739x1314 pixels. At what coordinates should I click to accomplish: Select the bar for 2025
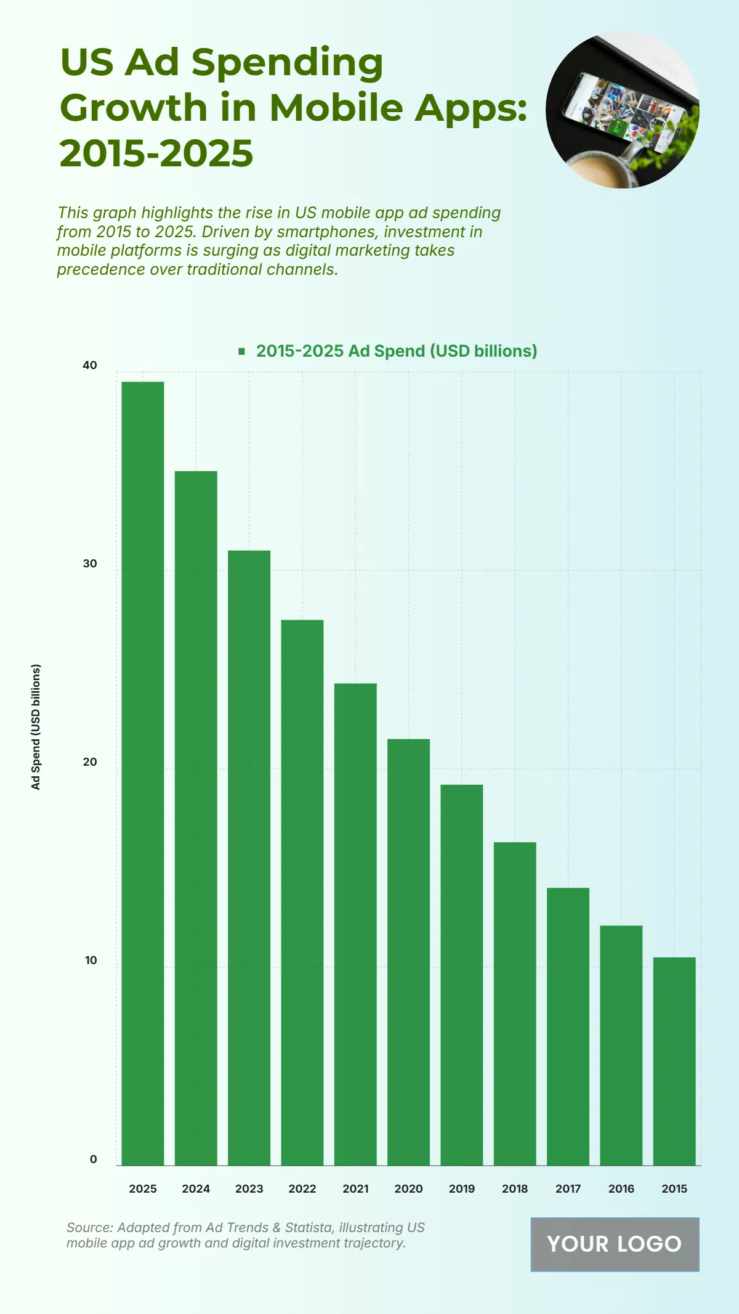click(x=143, y=773)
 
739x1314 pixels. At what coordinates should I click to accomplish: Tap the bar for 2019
click(x=462, y=975)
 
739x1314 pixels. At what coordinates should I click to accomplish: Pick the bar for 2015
click(x=674, y=1061)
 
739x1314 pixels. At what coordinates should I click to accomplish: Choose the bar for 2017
click(x=568, y=1026)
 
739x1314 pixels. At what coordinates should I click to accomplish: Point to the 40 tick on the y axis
click(x=90, y=365)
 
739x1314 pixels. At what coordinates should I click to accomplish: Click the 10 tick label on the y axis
click(x=91, y=960)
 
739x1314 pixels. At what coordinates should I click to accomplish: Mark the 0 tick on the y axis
click(x=93, y=1159)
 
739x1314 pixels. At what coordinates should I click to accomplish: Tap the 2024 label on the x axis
click(x=196, y=1188)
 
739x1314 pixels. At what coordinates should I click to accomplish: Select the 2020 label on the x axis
click(x=408, y=1188)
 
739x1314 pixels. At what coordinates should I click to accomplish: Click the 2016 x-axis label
click(x=621, y=1188)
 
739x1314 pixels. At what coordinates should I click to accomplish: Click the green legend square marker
click(x=242, y=351)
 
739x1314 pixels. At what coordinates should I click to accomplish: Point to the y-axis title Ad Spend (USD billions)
click(x=36, y=727)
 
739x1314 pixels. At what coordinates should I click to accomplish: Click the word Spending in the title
click(x=287, y=62)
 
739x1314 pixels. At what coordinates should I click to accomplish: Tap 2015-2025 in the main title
click(x=156, y=153)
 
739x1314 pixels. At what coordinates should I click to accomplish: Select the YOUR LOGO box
click(x=615, y=1244)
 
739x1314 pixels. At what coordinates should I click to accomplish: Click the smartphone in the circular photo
click(x=622, y=111)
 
